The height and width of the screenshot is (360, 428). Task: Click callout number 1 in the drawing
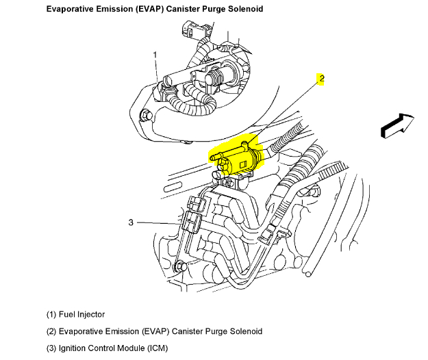[x=155, y=55]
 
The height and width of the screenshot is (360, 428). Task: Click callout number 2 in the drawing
[x=321, y=79]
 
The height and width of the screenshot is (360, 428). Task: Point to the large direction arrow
[x=396, y=125]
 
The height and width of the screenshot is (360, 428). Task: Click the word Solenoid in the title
[x=243, y=10]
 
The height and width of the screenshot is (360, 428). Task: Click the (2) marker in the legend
[x=52, y=331]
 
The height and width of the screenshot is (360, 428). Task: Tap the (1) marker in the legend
[x=52, y=314]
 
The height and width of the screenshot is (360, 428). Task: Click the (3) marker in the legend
[x=52, y=348]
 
